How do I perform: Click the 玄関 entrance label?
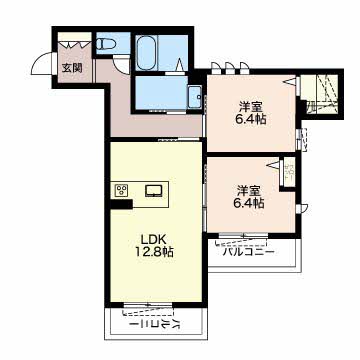click(72, 68)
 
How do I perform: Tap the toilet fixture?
click(106, 43)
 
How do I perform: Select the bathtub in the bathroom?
click(147, 53)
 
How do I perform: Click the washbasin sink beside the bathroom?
click(194, 97)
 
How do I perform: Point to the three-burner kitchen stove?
click(122, 191)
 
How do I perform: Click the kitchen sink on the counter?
click(154, 191)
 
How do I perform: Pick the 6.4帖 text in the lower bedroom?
click(249, 203)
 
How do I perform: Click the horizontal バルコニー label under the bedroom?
click(249, 252)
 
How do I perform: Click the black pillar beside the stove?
click(122, 203)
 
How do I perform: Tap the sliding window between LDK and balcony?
click(147, 305)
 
